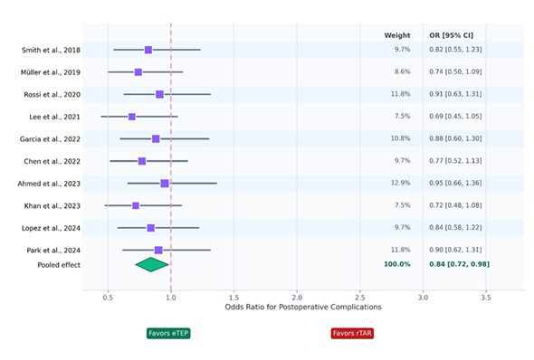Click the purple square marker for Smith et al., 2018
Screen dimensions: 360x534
[148, 50]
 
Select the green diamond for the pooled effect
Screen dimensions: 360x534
[152, 264]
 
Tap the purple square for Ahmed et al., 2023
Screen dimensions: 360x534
[165, 184]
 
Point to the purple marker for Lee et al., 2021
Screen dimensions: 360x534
[132, 117]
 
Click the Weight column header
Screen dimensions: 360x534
[397, 35]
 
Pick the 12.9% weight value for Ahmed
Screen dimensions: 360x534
[398, 184]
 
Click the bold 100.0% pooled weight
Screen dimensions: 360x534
[396, 264]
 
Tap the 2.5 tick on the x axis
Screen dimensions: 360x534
[360, 296]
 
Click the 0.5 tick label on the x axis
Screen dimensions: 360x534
[108, 296]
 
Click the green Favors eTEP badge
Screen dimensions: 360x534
[168, 333]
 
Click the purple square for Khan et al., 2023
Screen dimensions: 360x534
[136, 206]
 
